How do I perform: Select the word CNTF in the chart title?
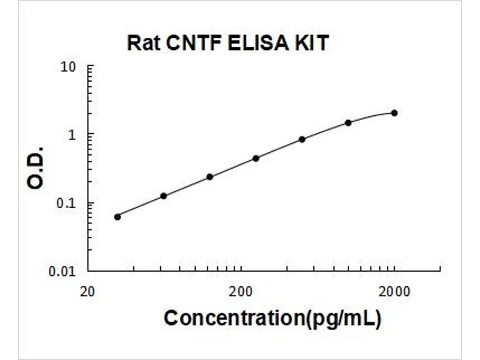tap(186, 44)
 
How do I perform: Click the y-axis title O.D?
tap(37, 168)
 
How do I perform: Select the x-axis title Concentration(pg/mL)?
tap(272, 318)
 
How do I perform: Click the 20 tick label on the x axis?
tap(88, 292)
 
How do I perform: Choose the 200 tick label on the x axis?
tap(241, 292)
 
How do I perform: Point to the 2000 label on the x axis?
tap(394, 292)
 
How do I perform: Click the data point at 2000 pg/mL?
tap(394, 113)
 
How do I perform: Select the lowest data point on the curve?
tap(118, 217)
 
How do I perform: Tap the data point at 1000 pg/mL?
tap(348, 122)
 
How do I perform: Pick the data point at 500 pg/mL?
tap(302, 139)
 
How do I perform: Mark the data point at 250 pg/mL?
tap(256, 158)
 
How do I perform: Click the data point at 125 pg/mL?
tap(210, 177)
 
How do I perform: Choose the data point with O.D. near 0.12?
tap(163, 196)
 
